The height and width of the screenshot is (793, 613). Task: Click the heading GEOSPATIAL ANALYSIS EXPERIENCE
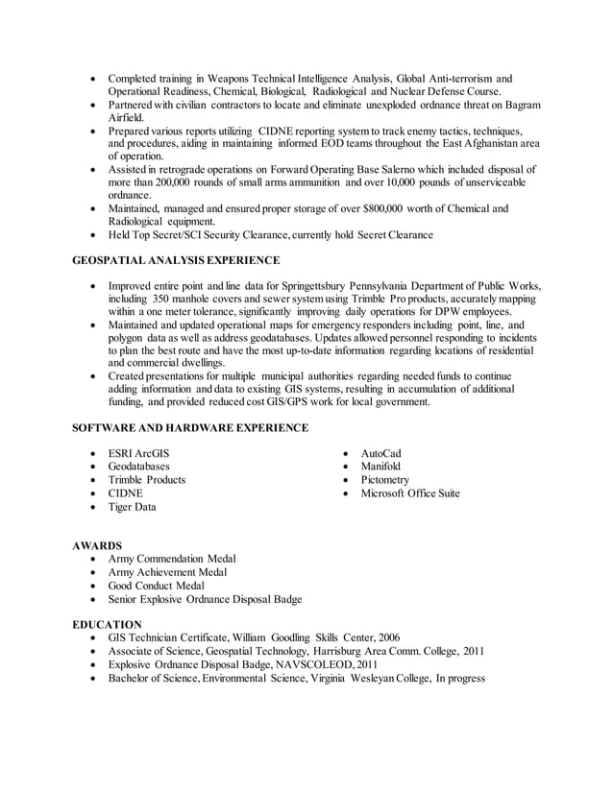pos(176,260)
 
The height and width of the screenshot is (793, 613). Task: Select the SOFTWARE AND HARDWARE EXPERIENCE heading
pos(190,427)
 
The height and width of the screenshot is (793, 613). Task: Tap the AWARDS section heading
pos(97,545)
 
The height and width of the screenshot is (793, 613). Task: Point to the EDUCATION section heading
pos(107,624)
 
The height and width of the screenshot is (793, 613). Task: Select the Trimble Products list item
pos(146,480)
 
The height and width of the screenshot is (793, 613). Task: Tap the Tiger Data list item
pos(132,507)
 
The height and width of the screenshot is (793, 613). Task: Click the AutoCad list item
pos(380,453)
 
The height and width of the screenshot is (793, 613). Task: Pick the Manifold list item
pos(380,467)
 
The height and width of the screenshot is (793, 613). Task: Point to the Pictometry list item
pos(384,480)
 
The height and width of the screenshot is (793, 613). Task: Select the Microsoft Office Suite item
pos(409,493)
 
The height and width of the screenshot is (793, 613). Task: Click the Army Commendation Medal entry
pos(172,559)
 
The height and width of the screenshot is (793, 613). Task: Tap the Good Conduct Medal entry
pos(156,586)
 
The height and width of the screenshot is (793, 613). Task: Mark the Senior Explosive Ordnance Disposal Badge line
pos(205,599)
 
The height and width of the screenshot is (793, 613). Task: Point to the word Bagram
pos(520,104)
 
